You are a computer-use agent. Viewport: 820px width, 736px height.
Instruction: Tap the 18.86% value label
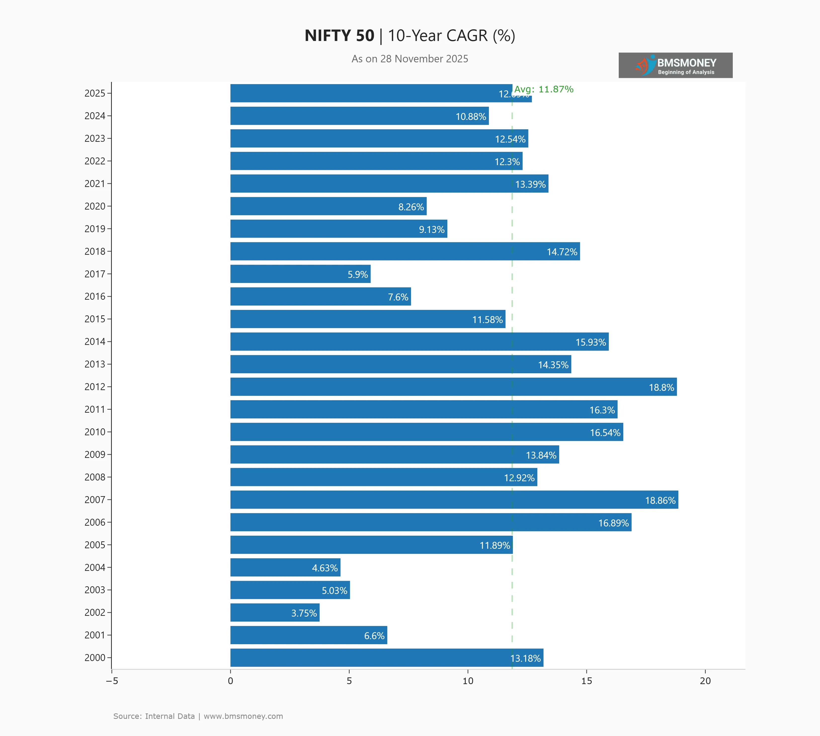660,500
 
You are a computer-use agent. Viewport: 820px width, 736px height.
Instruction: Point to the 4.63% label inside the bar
325,568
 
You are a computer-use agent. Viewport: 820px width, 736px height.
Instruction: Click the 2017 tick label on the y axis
95,274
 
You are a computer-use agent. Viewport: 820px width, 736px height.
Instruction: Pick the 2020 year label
95,206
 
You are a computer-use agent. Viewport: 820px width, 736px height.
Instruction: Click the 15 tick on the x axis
586,681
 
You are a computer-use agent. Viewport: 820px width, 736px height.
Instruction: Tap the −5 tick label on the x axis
112,681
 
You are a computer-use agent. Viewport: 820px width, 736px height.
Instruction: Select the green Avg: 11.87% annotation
544,89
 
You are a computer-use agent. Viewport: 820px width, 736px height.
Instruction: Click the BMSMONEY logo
675,65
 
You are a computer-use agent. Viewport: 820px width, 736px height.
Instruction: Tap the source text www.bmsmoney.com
243,716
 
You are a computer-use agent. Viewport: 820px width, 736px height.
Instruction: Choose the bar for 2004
285,567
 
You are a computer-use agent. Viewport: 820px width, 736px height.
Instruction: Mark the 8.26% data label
411,207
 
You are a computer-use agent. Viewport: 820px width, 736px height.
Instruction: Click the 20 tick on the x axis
705,681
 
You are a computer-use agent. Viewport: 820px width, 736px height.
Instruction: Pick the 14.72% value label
562,252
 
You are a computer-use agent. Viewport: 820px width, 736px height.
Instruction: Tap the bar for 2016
321,296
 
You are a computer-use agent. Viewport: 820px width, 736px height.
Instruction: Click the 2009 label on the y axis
95,455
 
